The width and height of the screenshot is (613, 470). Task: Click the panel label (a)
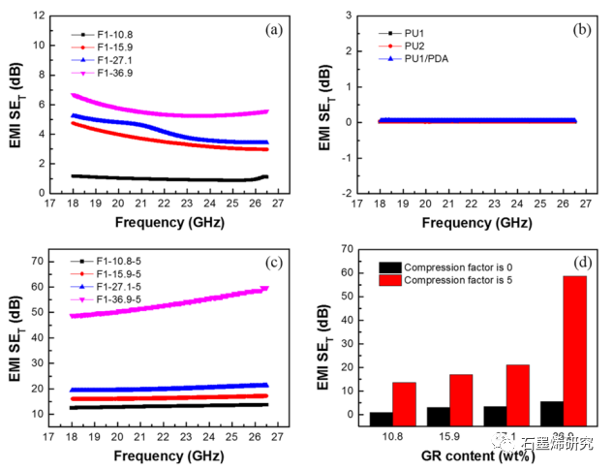pos(274,30)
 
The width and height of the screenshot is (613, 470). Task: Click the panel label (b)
pos(581,30)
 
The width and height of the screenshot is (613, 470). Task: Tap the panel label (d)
pos(582,263)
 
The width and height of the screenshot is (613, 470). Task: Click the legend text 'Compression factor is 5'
pos(461,280)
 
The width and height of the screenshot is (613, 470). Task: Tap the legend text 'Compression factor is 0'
pos(461,266)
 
